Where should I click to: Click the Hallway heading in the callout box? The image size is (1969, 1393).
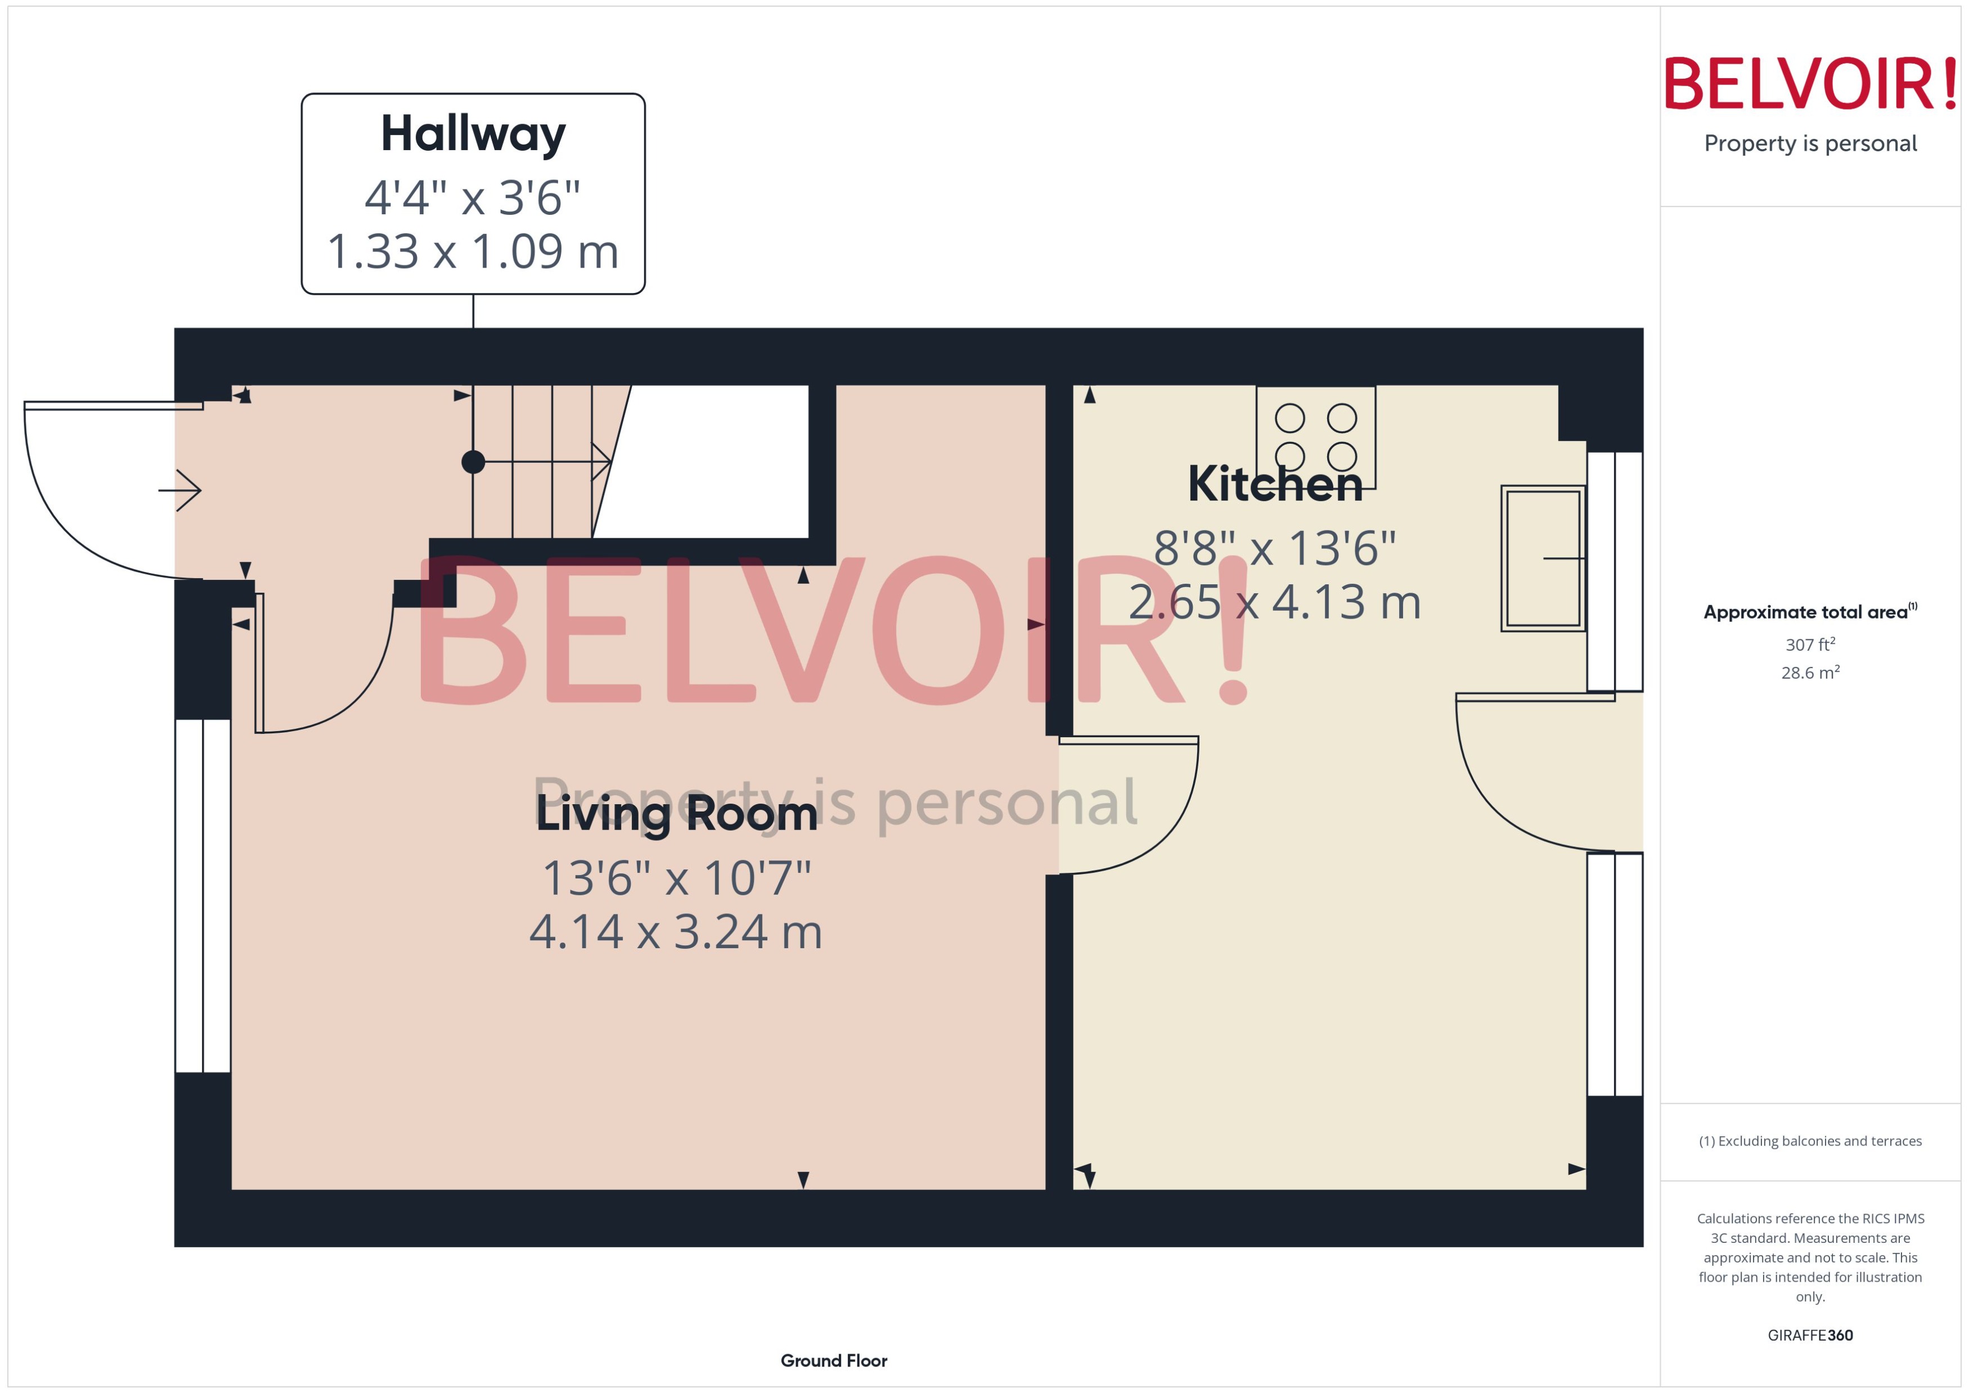[x=473, y=134]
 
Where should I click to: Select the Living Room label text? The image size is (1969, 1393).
[x=676, y=813]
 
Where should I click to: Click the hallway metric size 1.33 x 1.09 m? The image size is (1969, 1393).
[x=473, y=251]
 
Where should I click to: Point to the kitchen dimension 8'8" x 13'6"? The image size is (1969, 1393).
[x=1275, y=547]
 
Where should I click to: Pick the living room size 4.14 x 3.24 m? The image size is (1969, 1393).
[x=676, y=931]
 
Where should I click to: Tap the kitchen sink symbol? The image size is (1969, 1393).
[x=1543, y=558]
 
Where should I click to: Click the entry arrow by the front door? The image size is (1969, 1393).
[x=180, y=490]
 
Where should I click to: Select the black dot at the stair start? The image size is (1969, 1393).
[x=473, y=462]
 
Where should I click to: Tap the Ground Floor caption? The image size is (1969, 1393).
[x=833, y=1360]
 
